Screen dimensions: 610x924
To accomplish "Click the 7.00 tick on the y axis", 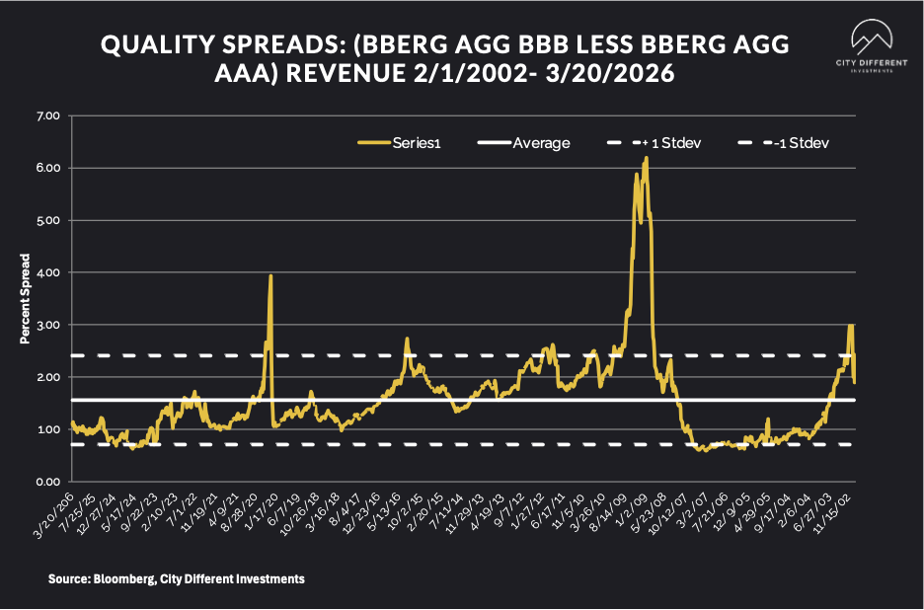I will [47, 116].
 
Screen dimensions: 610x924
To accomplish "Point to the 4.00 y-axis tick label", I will [47, 272].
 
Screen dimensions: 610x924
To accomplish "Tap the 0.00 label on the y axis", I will [47, 482].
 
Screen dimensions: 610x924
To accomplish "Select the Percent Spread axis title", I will [27, 299].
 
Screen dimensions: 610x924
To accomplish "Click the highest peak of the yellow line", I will [647, 158].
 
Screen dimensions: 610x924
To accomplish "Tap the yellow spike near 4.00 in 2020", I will [270, 276].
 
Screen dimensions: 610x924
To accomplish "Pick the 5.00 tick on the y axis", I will [47, 220].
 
